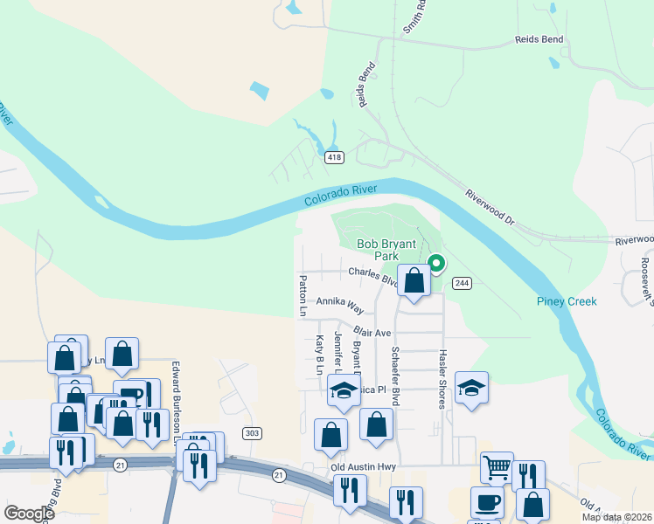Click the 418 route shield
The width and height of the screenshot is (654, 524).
tap(334, 158)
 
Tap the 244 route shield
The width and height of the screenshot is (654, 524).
tap(462, 283)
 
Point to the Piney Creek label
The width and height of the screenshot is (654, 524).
tap(567, 301)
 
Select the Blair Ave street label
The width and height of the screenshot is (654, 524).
tap(372, 332)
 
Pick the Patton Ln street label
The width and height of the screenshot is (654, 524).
tap(303, 296)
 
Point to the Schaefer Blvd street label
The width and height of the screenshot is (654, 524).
tap(395, 374)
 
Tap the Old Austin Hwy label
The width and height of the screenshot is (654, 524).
tap(364, 467)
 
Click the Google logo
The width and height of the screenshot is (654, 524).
tap(30, 514)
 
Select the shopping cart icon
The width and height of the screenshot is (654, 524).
tap(497, 467)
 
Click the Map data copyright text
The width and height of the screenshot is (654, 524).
tap(616, 517)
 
